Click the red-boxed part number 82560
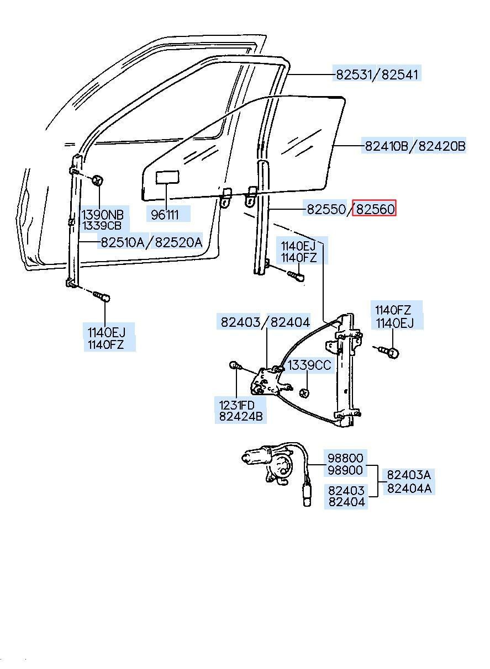coord(375,209)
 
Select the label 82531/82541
coord(377,75)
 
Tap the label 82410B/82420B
coord(415,146)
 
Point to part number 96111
coord(165,215)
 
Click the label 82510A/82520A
coord(151,241)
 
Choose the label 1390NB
coord(103,215)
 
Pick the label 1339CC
coord(309,365)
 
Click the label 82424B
coord(241,417)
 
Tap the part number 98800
coord(345,458)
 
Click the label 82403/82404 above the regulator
coord(265,322)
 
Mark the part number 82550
coord(326,209)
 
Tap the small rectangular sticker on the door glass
coord(167,177)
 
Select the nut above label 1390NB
coord(98,179)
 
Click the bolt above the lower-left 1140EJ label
coord(101,296)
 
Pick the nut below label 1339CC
coord(303,394)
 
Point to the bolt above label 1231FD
coord(235,365)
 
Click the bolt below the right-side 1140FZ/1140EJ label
coord(391,351)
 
